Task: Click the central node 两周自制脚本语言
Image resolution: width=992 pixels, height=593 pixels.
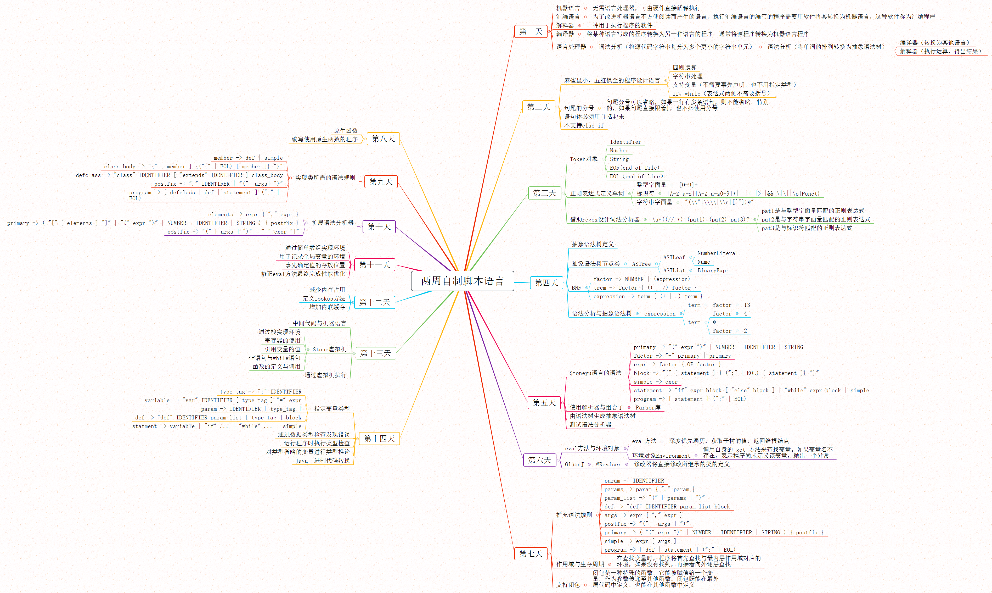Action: coord(462,281)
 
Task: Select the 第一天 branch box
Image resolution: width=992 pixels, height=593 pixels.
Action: coord(531,32)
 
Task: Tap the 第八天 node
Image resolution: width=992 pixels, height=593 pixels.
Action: coord(383,139)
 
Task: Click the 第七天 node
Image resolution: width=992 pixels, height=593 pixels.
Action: coord(531,553)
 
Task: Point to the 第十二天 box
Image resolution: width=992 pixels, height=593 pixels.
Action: coord(374,302)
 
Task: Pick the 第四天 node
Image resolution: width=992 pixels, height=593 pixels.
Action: coord(546,282)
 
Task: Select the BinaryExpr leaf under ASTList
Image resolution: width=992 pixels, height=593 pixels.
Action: coord(713,270)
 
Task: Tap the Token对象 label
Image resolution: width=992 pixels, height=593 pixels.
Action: coord(584,159)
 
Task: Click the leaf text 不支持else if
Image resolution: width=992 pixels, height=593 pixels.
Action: coord(584,125)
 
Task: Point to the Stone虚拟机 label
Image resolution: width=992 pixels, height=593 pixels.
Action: coord(329,349)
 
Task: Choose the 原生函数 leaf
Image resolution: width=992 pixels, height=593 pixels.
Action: coord(346,131)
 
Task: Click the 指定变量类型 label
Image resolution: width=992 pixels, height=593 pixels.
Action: coord(331,408)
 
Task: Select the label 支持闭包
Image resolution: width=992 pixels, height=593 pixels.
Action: coord(568,585)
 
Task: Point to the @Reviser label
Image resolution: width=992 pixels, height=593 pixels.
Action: coord(608,464)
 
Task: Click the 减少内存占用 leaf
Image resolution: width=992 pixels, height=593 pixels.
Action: coord(327,290)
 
